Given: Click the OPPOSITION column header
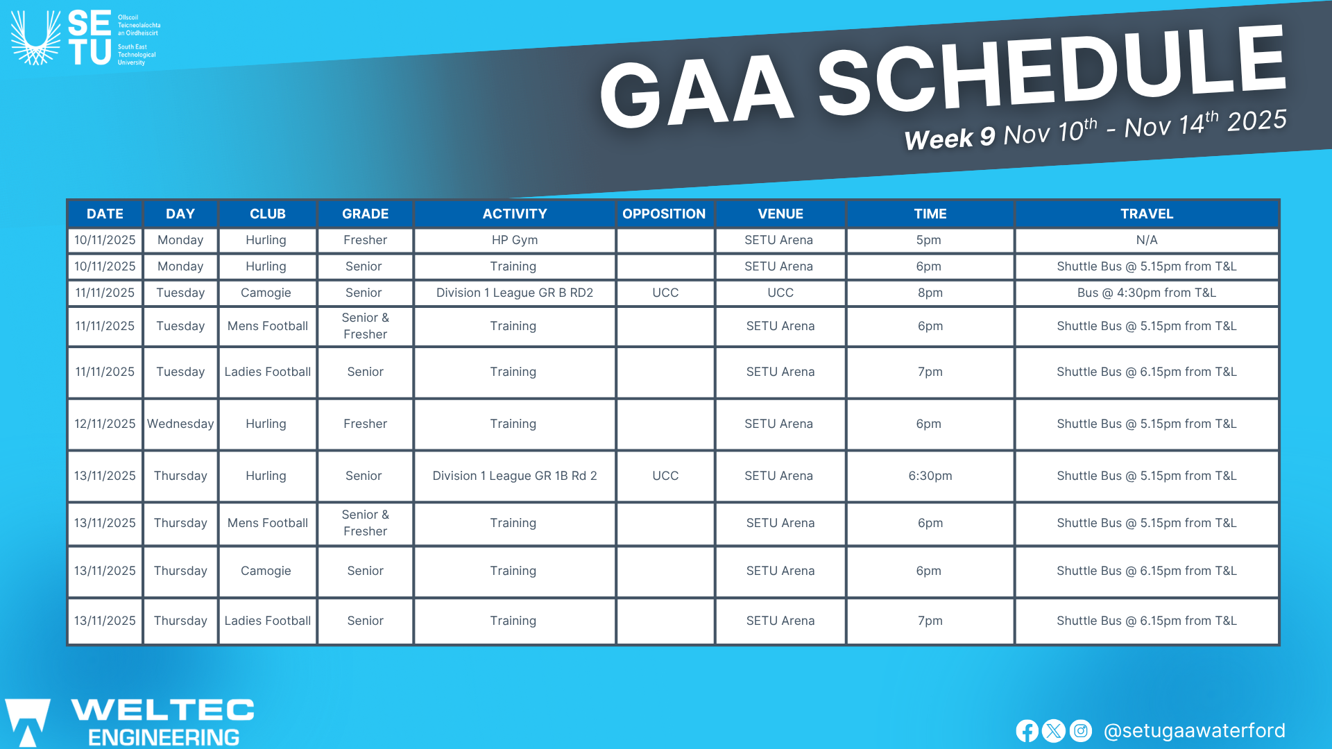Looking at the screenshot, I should [664, 214].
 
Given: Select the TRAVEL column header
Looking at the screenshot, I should [1147, 214].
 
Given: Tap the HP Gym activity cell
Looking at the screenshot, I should [515, 240].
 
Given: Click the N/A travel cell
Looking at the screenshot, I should [1147, 240].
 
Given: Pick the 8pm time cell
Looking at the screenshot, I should [930, 293].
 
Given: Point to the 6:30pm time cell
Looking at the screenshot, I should [930, 476].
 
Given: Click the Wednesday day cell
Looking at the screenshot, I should [180, 424].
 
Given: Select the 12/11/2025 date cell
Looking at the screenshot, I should [105, 424].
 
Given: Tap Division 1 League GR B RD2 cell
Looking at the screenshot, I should [515, 293].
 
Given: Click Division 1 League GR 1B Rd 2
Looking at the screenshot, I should [515, 476].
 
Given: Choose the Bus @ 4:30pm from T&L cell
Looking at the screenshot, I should [1147, 293].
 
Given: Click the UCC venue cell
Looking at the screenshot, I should [780, 293].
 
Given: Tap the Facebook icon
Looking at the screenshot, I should [1027, 731].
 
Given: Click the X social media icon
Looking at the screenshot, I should [1054, 731].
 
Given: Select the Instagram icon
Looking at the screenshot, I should [1080, 731].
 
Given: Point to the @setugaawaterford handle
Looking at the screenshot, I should [1194, 731].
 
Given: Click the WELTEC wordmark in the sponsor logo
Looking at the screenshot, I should [163, 709].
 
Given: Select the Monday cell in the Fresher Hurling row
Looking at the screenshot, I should [180, 240].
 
